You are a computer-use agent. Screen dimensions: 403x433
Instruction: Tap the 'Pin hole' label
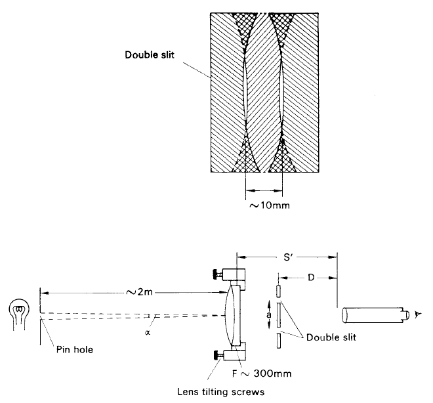(73, 349)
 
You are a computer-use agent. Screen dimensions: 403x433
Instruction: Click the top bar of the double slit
(278, 290)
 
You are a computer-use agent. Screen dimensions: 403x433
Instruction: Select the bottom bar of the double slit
(278, 340)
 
